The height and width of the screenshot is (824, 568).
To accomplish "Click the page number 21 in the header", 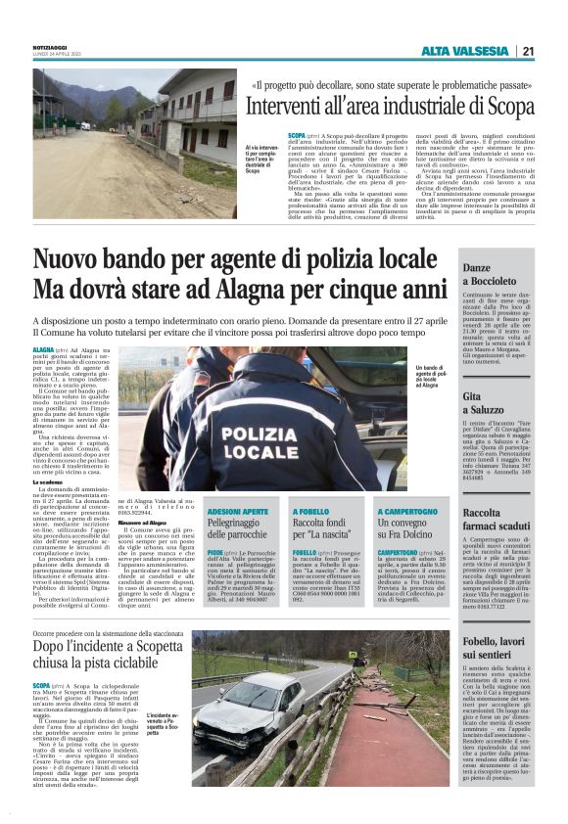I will click(528, 52).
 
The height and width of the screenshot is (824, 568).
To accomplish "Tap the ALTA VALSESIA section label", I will click(465, 52).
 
